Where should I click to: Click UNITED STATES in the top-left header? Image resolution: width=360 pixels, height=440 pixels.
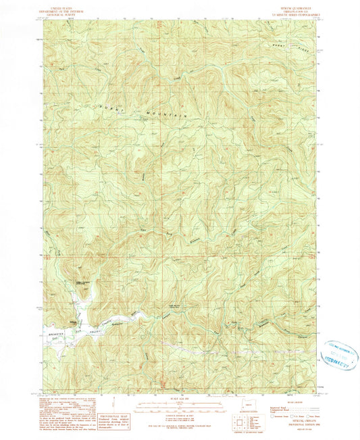pos(59,3)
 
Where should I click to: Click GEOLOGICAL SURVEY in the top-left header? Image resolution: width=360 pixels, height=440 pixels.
pos(59,9)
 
